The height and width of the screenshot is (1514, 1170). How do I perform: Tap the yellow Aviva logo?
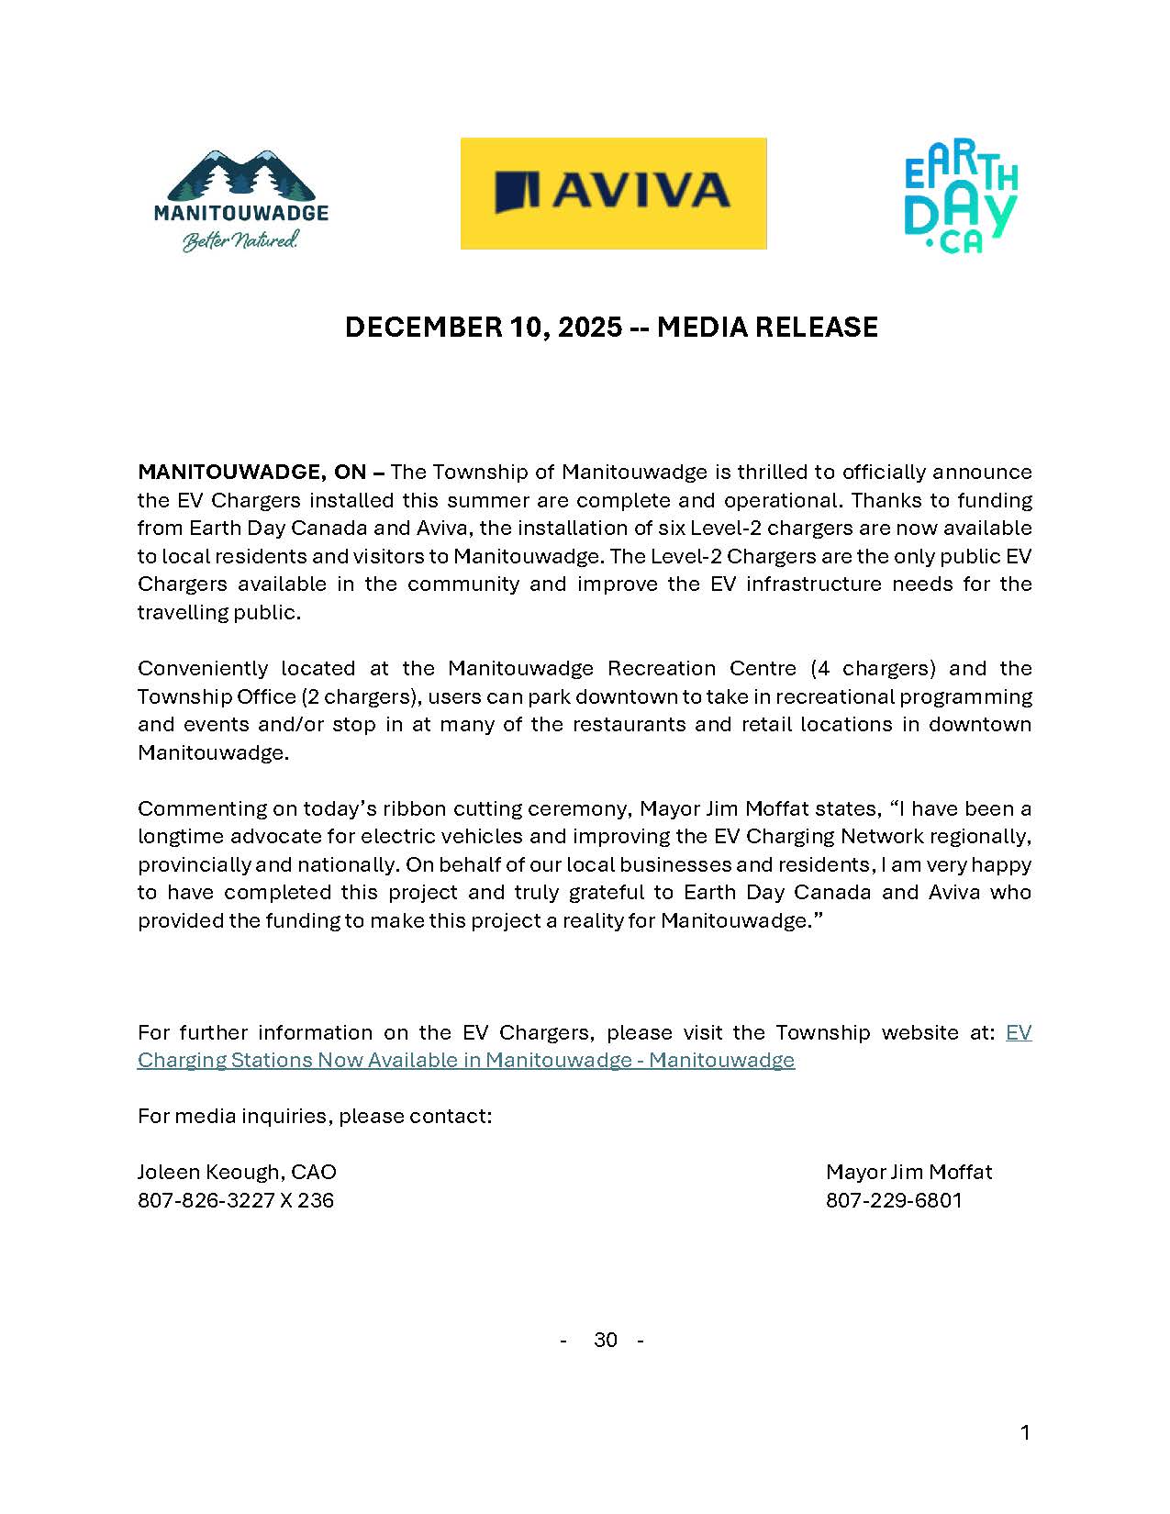coord(613,193)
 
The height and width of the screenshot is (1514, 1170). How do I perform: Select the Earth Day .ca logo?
coord(961,200)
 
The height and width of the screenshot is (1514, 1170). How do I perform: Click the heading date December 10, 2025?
coord(483,328)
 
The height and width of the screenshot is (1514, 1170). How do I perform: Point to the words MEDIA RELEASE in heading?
coord(767,328)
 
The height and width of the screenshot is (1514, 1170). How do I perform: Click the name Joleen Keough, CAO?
coord(237,1172)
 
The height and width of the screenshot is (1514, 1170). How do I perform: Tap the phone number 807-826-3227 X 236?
coord(236,1200)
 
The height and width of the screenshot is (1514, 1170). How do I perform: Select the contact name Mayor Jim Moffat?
coord(908,1172)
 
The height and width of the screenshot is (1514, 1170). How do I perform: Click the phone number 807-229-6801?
coord(894,1200)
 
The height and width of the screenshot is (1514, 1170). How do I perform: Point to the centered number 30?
coord(606,1340)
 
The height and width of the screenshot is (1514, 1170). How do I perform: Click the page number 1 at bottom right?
coord(1025,1432)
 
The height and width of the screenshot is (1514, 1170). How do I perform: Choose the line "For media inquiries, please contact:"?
coord(315,1116)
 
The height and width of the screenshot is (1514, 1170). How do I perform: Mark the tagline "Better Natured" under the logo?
coord(240,241)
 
